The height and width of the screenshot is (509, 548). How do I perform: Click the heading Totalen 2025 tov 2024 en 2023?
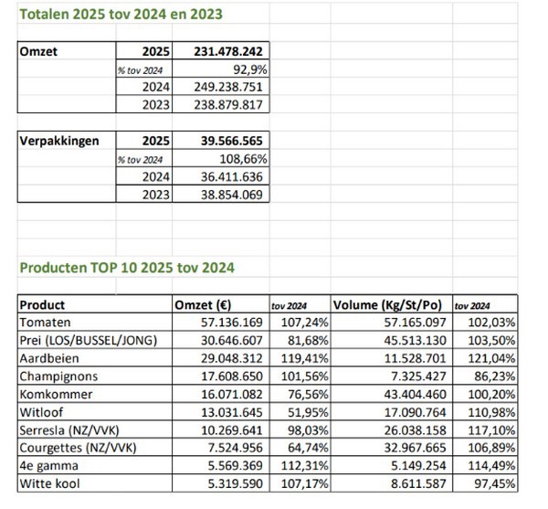click(121, 15)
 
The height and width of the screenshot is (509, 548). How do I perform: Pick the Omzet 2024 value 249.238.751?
click(230, 87)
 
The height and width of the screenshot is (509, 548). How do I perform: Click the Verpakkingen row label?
click(59, 142)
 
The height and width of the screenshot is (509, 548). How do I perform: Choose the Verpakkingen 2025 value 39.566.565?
click(233, 142)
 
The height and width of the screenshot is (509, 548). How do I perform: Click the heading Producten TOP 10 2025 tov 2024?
click(126, 268)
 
